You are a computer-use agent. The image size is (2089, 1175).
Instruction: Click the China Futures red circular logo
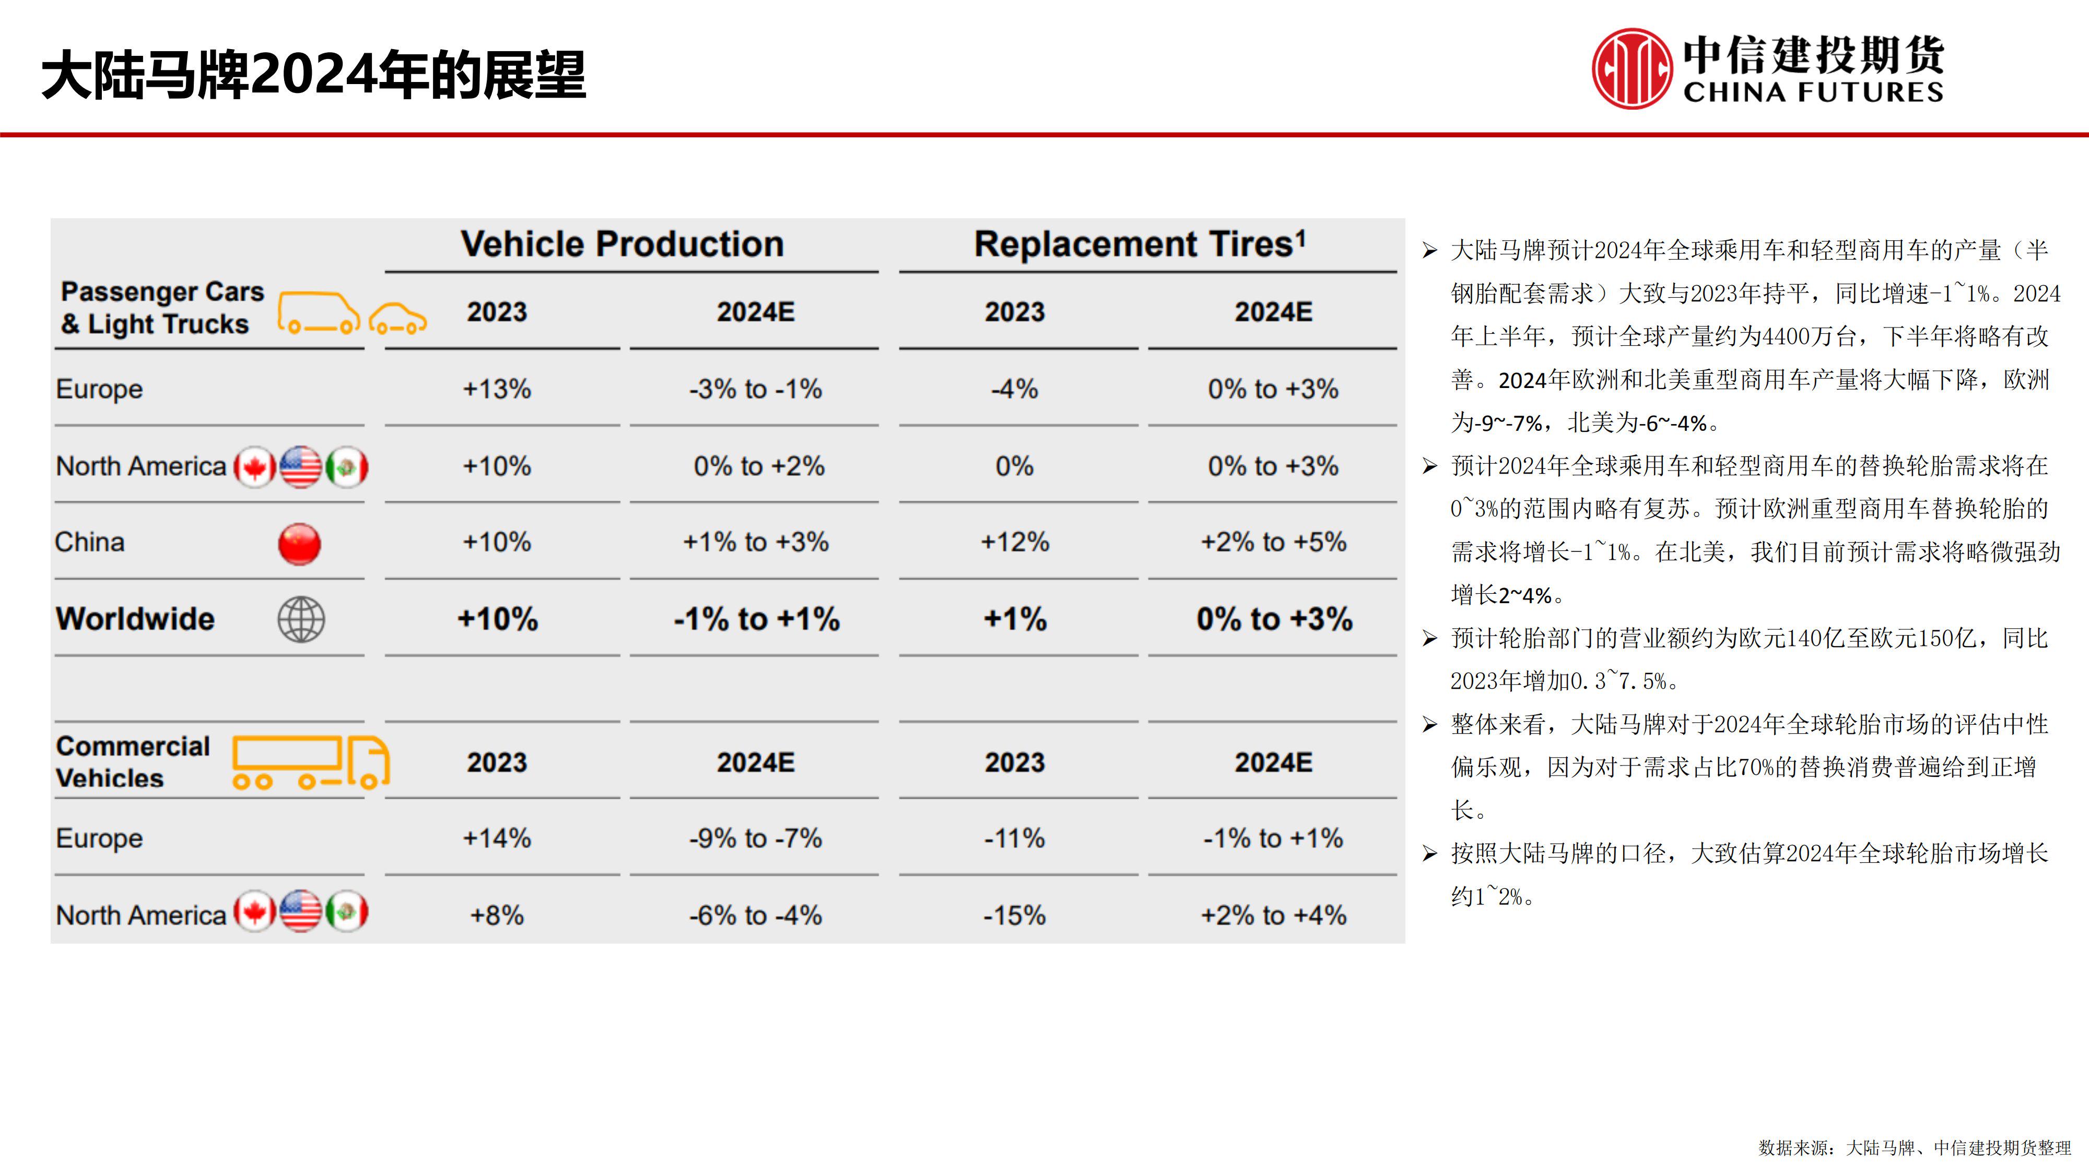(1631, 69)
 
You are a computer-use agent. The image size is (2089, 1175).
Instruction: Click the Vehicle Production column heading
(622, 244)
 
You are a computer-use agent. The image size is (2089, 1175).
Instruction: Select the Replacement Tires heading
(1140, 244)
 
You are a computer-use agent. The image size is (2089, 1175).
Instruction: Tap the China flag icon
(299, 543)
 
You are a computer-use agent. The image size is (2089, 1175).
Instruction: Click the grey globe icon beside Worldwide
(301, 619)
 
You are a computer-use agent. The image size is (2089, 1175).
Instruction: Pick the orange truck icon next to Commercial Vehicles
(311, 762)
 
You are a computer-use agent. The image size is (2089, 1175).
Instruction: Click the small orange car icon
(397, 319)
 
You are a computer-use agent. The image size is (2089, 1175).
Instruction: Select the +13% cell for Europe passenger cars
(496, 389)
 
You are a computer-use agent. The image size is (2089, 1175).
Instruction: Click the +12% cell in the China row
(1015, 542)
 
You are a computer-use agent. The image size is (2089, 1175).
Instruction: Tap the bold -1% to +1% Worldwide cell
(756, 619)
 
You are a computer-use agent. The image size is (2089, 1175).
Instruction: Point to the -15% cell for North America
(1015, 915)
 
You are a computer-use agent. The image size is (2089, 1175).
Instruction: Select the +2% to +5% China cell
(1273, 542)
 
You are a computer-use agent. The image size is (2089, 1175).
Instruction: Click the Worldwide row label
(135, 619)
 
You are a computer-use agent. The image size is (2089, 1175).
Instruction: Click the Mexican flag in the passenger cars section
(347, 467)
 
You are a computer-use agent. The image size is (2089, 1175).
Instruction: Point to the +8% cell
(496, 915)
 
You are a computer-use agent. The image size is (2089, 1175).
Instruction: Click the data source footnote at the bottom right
(1914, 1147)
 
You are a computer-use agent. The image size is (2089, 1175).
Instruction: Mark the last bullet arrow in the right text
(1430, 854)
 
